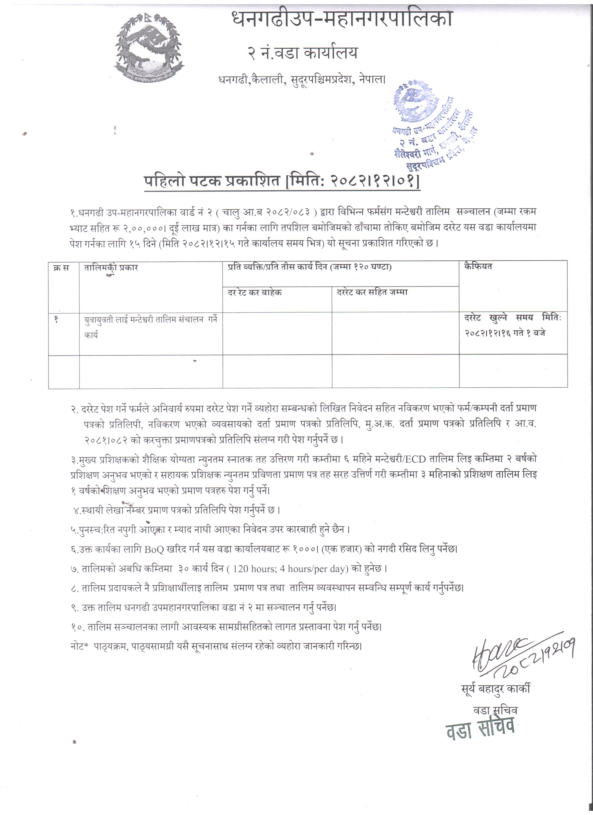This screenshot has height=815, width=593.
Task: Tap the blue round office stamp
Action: tap(433, 126)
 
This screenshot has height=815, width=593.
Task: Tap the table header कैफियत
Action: tap(478, 267)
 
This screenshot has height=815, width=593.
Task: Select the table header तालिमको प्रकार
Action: tap(111, 268)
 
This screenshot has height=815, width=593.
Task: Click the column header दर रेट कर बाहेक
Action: tap(255, 292)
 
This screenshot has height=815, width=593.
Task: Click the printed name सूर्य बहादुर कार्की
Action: tap(496, 689)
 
